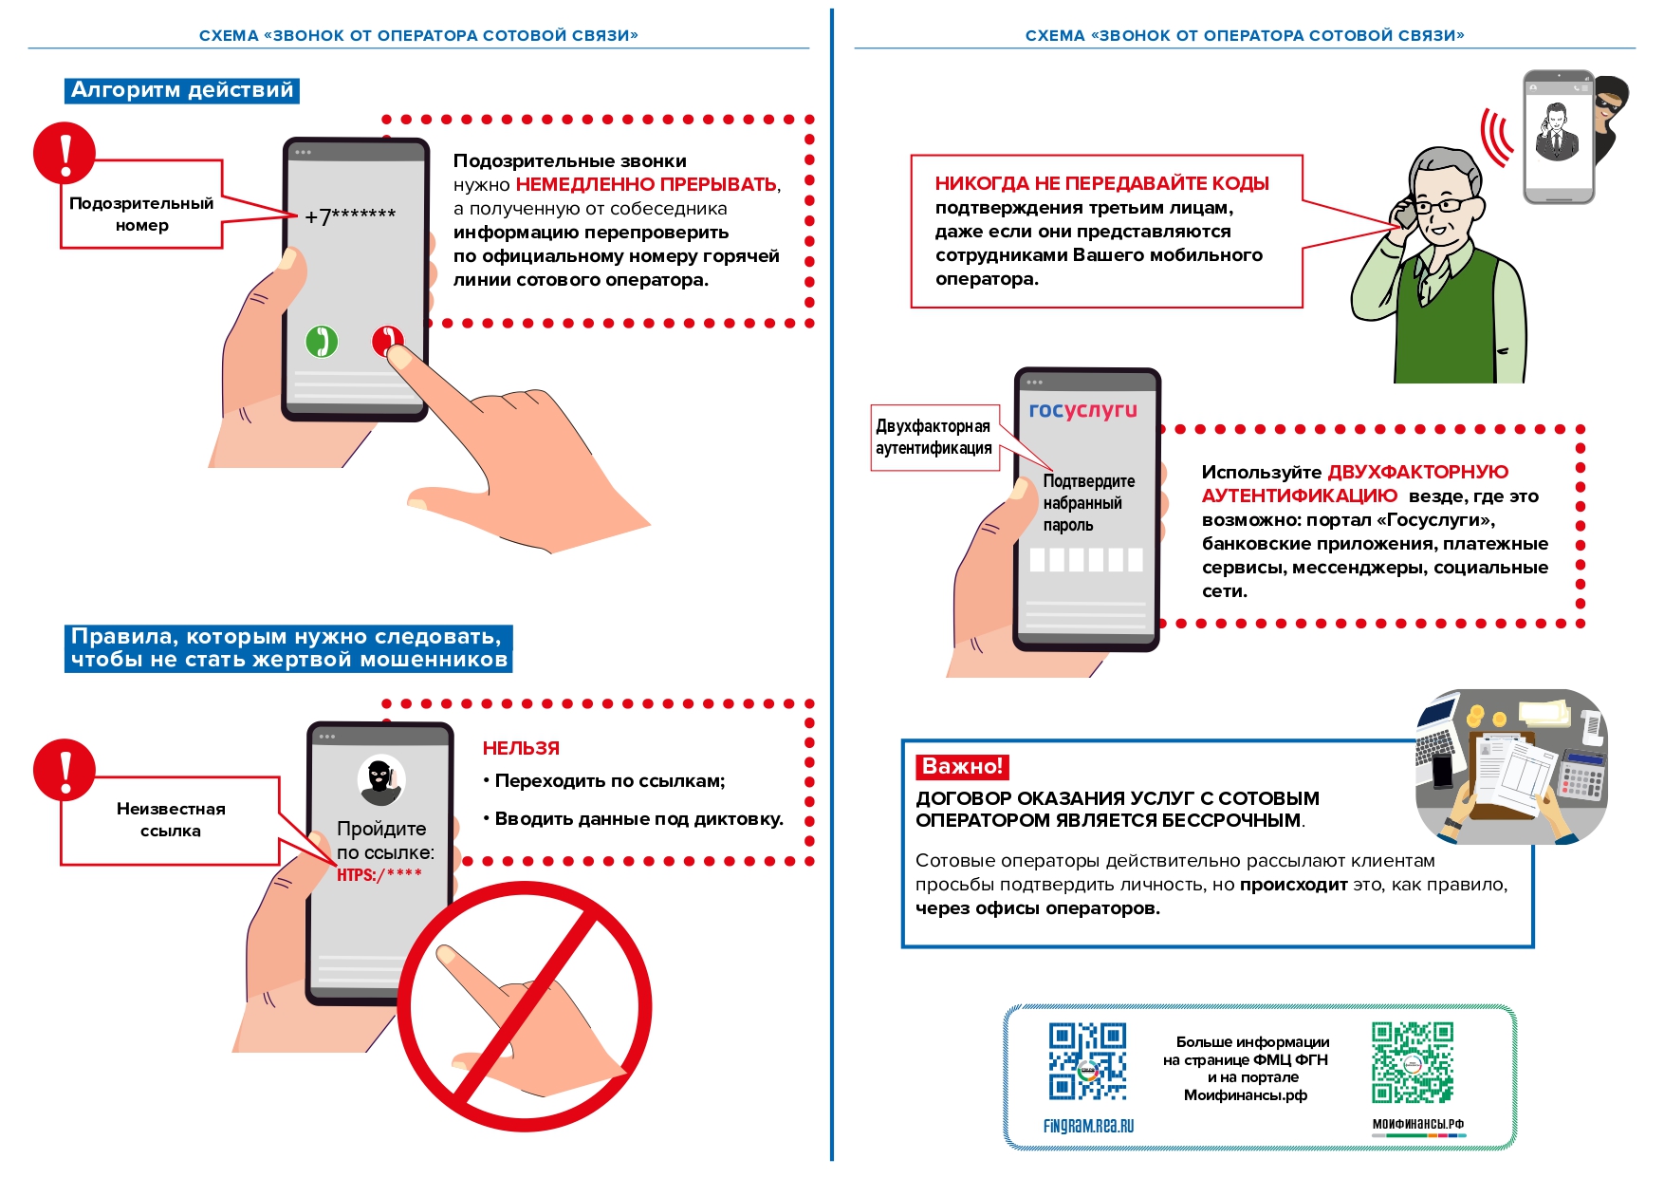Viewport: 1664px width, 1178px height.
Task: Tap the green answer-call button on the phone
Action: (322, 341)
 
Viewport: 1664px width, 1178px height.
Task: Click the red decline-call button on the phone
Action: (386, 339)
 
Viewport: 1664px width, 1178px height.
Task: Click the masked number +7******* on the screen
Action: (350, 215)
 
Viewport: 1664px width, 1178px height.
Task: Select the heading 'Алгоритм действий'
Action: (182, 90)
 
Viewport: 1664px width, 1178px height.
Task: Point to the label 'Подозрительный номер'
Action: (141, 215)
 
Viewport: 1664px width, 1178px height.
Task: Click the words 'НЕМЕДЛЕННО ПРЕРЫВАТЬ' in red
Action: (645, 184)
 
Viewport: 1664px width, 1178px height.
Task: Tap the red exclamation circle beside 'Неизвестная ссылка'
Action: (65, 770)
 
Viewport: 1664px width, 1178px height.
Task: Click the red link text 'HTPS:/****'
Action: (379, 874)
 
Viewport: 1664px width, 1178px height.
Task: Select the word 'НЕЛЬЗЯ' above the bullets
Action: (521, 748)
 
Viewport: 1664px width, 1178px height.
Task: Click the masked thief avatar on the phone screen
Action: (380, 779)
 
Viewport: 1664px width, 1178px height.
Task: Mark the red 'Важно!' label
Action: (962, 766)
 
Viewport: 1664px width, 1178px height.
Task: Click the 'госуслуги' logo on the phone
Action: (1082, 410)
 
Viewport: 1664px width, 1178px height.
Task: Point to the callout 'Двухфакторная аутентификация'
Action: (934, 437)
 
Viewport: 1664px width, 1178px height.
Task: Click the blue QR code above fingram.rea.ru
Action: (1087, 1060)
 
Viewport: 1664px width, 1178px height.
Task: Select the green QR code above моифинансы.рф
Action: (1412, 1061)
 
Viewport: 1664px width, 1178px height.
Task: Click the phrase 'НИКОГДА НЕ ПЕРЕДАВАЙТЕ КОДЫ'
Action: (1101, 183)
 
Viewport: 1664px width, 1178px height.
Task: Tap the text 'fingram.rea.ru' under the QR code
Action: (1088, 1126)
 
